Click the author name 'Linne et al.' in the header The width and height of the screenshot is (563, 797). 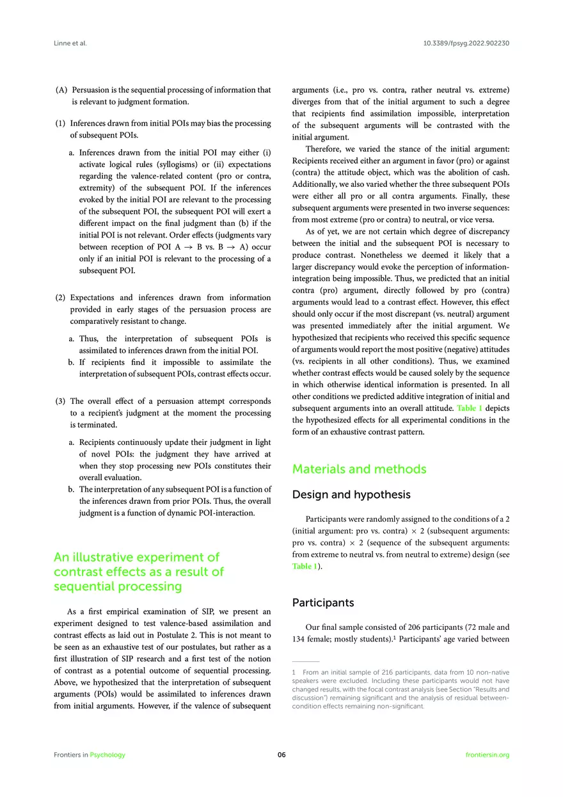pos(70,44)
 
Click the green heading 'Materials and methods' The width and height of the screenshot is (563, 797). pos(359,469)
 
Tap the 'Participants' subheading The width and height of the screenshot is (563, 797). pos(322,602)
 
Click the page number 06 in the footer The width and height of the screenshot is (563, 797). pos(281,755)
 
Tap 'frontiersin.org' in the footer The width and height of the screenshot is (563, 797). pos(488,755)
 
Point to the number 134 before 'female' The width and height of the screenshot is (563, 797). pos(300,640)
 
